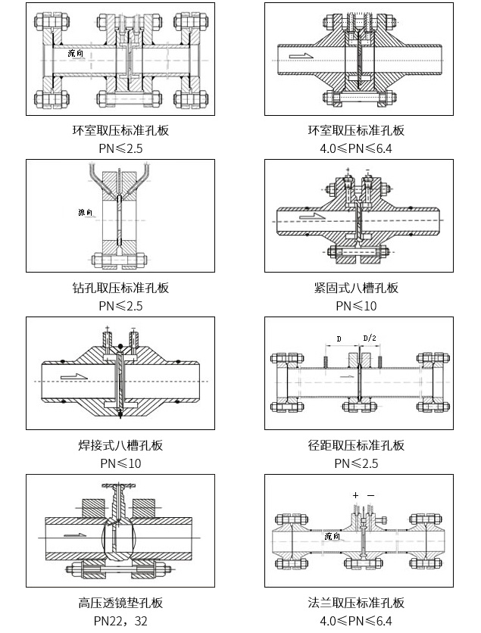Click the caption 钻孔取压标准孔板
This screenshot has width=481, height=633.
coord(120,288)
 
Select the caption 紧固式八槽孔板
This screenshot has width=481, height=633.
coord(356,288)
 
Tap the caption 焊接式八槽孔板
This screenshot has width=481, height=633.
coord(120,445)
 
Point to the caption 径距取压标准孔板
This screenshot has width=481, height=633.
coord(356,445)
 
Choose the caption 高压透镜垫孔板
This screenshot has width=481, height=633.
coord(120,603)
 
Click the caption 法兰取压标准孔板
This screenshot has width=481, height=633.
coord(356,603)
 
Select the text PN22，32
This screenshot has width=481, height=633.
coord(120,621)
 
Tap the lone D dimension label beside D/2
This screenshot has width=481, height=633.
coord(339,337)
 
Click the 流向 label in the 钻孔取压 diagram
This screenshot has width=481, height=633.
coord(85,212)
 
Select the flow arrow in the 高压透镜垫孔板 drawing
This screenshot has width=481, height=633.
coord(74,536)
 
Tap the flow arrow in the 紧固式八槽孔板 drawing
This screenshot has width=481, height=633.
coord(311,217)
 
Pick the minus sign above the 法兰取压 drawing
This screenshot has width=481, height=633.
coord(370,495)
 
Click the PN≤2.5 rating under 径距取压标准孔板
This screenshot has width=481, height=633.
coord(356,463)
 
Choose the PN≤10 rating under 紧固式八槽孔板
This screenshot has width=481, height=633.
coord(356,306)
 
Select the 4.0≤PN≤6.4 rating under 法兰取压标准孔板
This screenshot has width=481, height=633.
coord(356,621)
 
